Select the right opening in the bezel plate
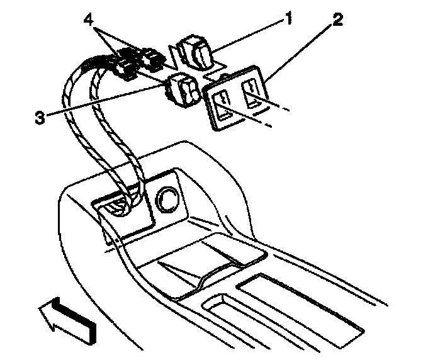pyautogui.click(x=252, y=95)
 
